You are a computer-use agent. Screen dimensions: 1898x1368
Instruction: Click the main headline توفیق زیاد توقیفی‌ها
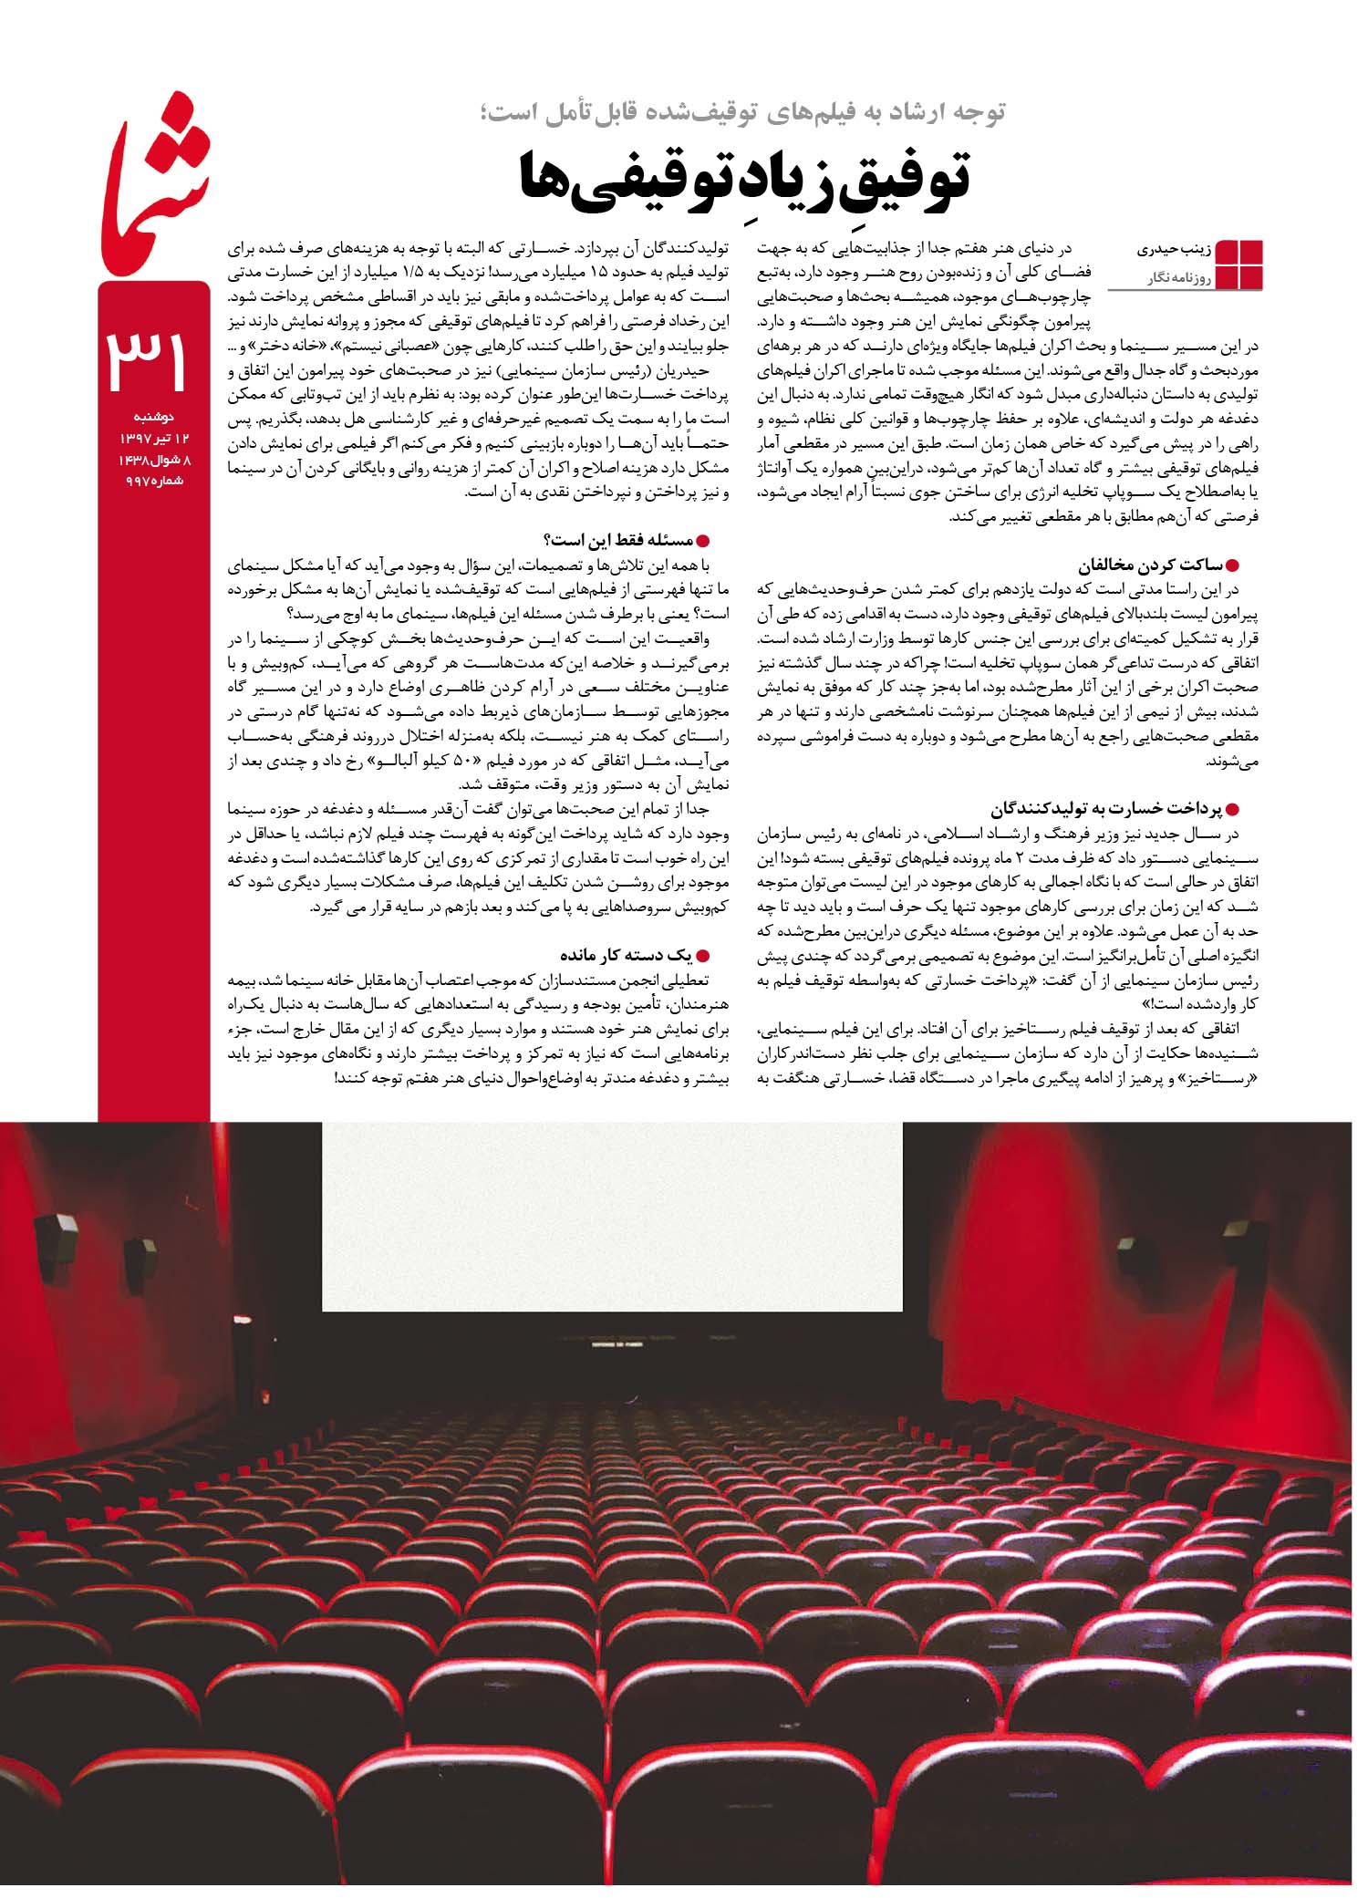point(743,178)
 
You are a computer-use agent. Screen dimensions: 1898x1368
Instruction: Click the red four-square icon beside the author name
point(1241,263)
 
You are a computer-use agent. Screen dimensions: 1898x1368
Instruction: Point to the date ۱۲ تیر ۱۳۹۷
point(154,439)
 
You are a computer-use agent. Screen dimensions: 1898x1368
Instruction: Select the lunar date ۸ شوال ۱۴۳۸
point(154,460)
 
